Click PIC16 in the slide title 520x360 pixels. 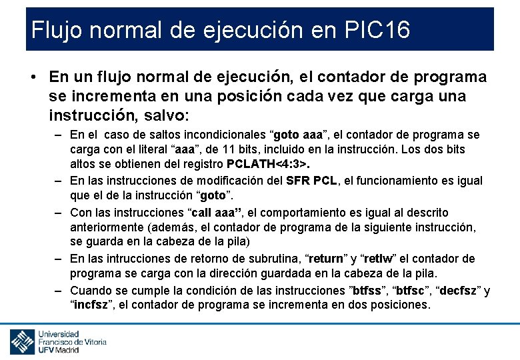(378, 30)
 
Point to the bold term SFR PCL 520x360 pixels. (312, 180)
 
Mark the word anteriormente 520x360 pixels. (107, 227)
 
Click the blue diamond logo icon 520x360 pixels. (22, 342)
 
